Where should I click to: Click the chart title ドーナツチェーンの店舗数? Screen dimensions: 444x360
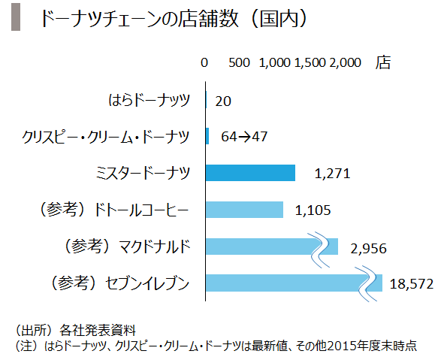pos(140,19)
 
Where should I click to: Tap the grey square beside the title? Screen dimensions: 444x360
pos(16,17)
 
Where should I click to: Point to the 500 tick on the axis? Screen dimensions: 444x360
pos(239,62)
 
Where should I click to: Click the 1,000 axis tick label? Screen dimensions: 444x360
pos(275,62)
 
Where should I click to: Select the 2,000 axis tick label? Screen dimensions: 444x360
pos(345,62)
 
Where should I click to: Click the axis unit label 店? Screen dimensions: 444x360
pos(383,62)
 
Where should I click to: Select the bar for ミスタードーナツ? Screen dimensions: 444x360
pos(250,173)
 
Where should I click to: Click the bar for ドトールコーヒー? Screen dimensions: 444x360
pos(244,210)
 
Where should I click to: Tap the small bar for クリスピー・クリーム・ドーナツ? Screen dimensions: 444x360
pos(207,136)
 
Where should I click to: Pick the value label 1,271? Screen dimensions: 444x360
pos(332,174)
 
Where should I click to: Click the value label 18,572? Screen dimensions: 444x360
pos(412,283)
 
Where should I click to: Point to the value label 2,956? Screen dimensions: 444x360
pos(368,249)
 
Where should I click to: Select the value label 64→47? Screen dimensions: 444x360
pos(244,137)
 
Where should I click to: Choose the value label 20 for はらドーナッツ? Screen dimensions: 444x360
pos(223,101)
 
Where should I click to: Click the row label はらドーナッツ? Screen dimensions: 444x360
pos(149,100)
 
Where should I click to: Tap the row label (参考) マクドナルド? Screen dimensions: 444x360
pos(127,246)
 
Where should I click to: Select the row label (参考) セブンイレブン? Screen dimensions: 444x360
pos(119,283)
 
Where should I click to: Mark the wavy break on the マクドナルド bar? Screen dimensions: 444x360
pos(320,250)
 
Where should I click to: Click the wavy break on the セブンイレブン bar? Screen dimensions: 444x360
pos(367,284)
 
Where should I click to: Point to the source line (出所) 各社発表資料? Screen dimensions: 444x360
pos(76,330)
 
